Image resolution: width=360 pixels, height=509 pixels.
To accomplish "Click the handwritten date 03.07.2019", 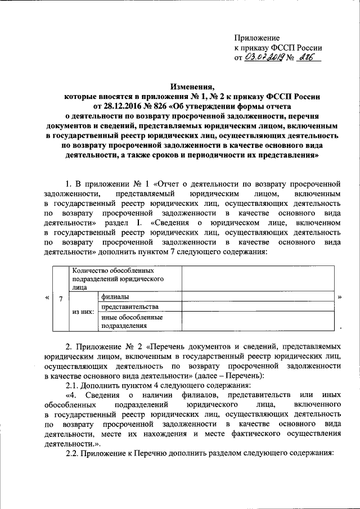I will pos(265,57).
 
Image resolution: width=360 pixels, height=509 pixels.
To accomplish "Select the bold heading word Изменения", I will pos(193,86).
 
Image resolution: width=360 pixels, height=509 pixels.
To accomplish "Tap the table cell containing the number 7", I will pos(60,298).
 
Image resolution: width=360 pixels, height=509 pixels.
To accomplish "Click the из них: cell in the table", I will pos(83,310).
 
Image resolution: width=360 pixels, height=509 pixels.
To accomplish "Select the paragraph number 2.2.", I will pos(73,453).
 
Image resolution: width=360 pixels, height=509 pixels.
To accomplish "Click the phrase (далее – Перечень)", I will pos(247,376).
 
